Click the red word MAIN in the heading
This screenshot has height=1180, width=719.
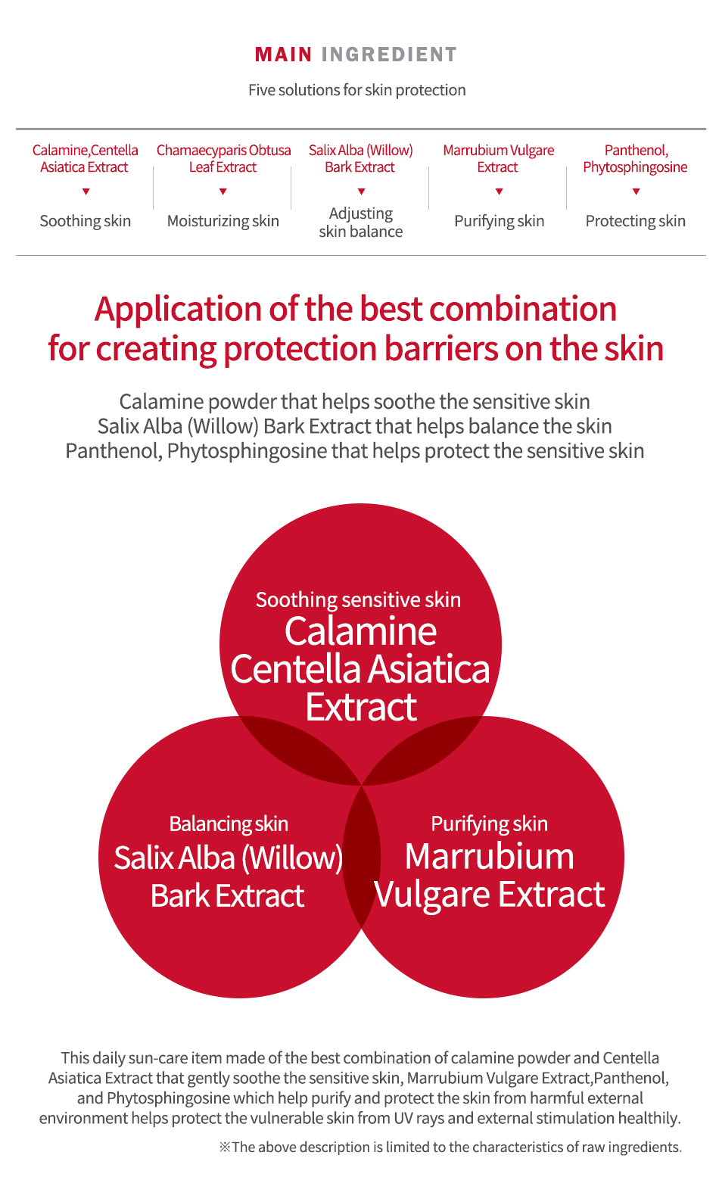pos(283,54)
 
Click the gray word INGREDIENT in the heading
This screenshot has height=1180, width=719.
pos(389,54)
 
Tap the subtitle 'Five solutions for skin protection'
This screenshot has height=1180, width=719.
pos(357,90)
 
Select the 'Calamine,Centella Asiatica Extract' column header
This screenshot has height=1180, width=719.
pos(85,158)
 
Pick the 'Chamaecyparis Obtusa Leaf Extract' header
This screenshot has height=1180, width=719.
pos(223,158)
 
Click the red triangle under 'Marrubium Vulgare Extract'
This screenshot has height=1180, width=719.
pos(499,191)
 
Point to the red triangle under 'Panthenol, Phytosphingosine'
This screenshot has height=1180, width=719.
pos(636,191)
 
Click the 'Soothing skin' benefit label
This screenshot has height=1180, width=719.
pos(86,221)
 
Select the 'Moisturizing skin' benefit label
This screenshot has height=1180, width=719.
pos(223,221)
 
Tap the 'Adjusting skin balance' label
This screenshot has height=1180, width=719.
pos(361,223)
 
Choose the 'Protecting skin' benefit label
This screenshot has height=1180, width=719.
pos(635,221)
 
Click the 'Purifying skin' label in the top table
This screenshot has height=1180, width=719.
pos(499,221)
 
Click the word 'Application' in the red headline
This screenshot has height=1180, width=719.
pos(178,310)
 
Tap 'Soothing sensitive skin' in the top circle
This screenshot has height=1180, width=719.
pos(358,600)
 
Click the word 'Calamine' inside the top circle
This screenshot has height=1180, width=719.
pos(361,631)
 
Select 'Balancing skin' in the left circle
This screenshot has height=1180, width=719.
pos(229,824)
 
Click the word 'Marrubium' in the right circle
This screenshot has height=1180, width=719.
pos(490,857)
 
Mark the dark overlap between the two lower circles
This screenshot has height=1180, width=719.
pos(361,856)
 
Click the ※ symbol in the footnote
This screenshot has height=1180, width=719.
pos(225,1147)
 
